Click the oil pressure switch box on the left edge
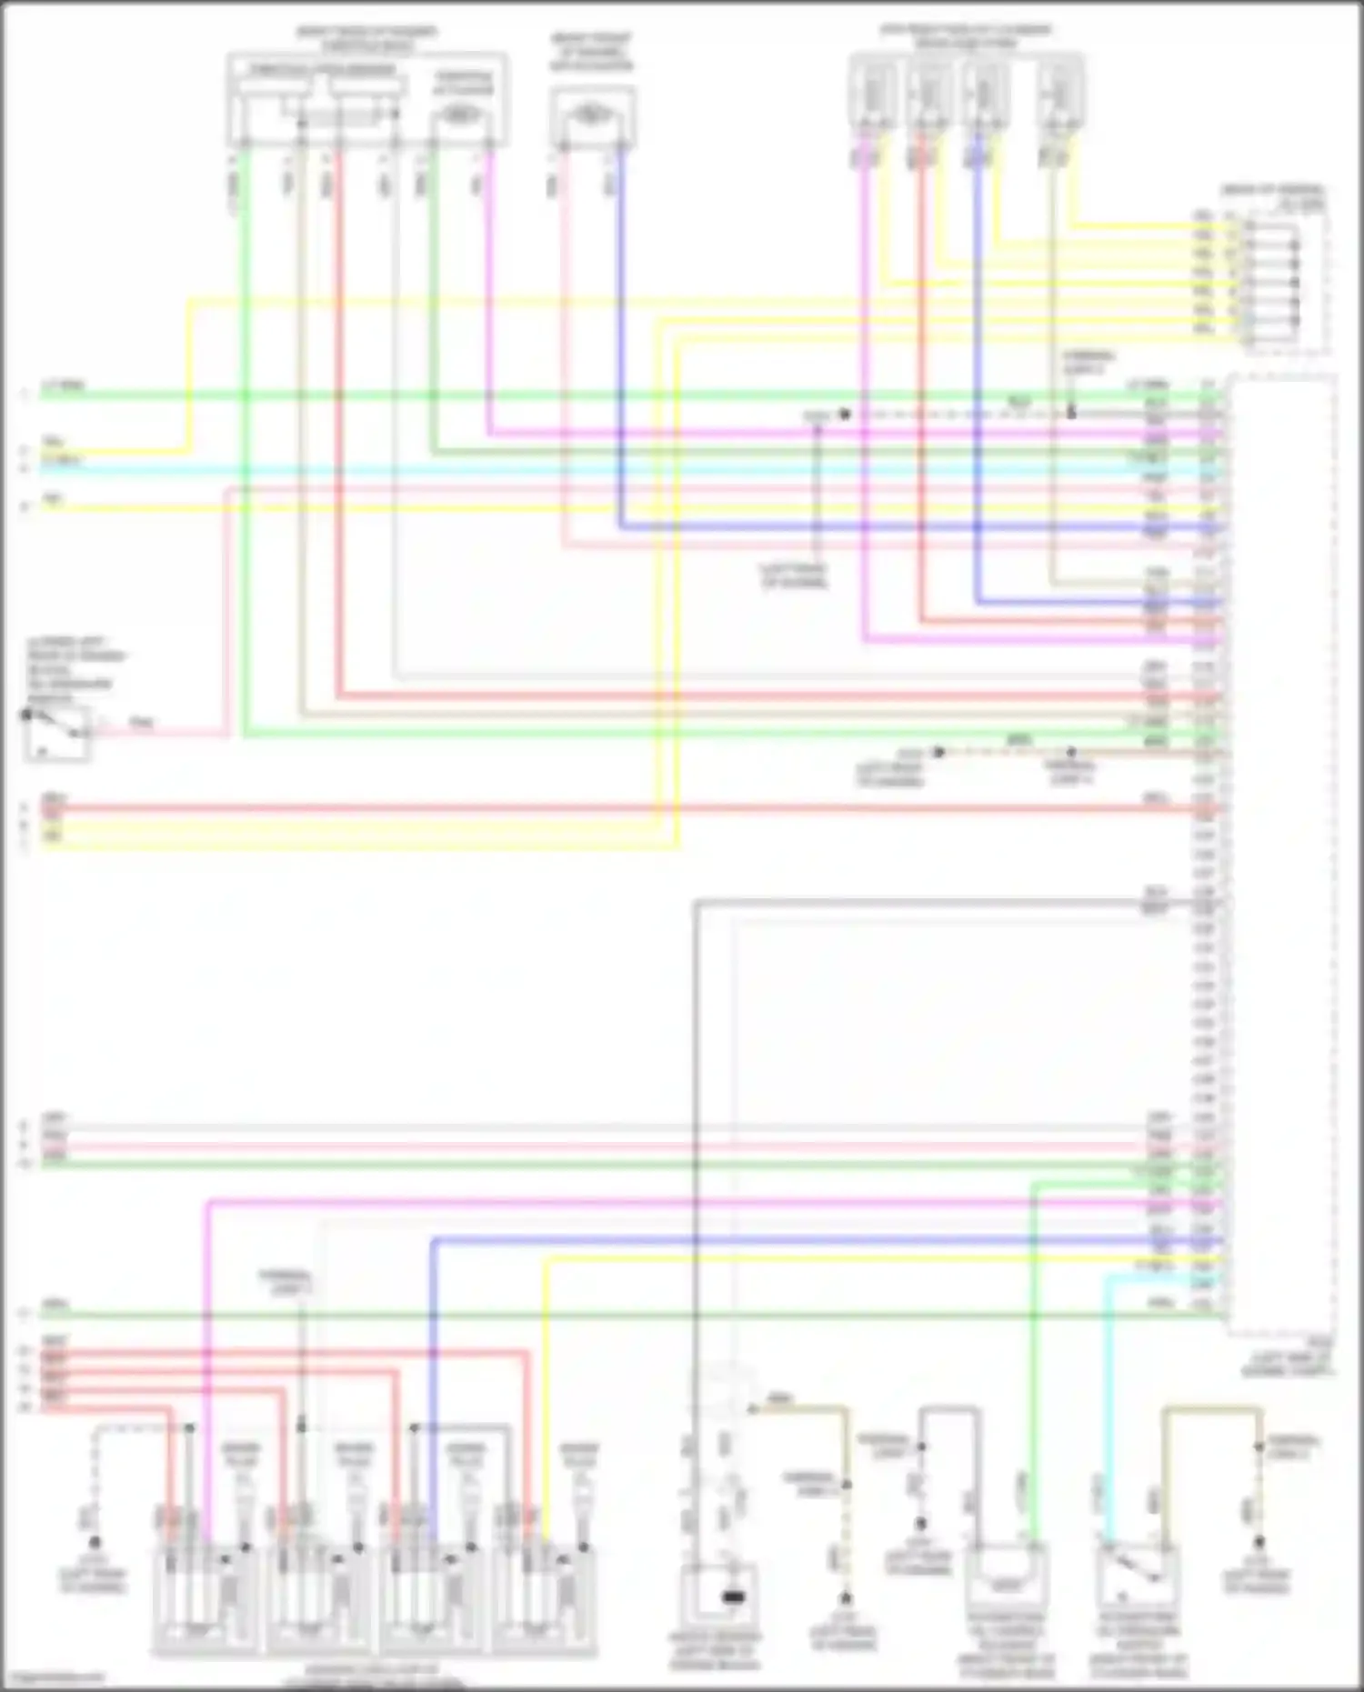(x=56, y=733)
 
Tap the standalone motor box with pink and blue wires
(x=592, y=116)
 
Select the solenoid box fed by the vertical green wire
(x=1006, y=1578)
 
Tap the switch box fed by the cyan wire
(x=1137, y=1578)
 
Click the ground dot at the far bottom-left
(x=95, y=1543)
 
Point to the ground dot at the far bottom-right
(x=1259, y=1543)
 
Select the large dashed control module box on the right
(x=1282, y=855)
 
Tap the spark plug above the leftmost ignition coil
(x=243, y=1491)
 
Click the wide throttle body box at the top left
(x=366, y=100)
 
